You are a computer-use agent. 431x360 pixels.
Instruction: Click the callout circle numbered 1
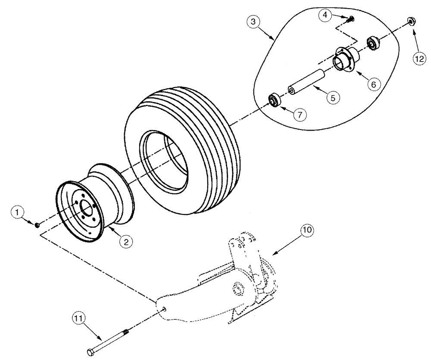[17, 212]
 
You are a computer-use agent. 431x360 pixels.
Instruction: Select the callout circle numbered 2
[126, 242]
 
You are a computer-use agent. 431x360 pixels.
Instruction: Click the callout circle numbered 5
[332, 98]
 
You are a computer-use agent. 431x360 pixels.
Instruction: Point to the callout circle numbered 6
[374, 84]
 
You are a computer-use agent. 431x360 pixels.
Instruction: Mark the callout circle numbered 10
[307, 230]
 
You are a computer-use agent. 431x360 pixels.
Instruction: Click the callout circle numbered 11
[78, 320]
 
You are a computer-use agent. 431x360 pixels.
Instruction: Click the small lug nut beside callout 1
[37, 224]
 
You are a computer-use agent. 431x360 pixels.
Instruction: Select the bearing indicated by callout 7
[275, 100]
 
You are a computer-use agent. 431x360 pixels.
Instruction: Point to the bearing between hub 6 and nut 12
[373, 43]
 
